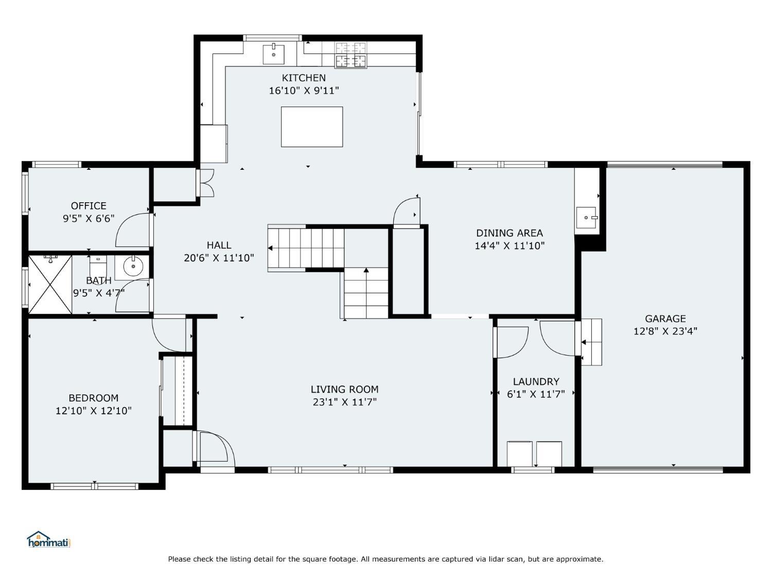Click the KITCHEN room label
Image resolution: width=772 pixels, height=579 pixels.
point(304,78)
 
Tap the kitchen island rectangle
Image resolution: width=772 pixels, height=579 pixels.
point(311,127)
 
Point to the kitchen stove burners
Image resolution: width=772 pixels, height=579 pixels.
point(350,55)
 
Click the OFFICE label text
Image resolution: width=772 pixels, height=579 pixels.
point(89,206)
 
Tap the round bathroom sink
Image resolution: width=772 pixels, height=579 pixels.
point(133,267)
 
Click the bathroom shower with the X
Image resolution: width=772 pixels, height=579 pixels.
point(50,285)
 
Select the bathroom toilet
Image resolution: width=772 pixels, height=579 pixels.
point(98,266)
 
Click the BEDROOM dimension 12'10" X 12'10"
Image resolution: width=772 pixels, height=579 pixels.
point(94,411)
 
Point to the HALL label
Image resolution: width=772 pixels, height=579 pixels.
point(219,245)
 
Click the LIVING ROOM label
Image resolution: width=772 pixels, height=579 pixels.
point(345,389)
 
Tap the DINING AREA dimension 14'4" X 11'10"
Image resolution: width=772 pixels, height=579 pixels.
point(510,245)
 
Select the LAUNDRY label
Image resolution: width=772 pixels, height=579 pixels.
point(536,381)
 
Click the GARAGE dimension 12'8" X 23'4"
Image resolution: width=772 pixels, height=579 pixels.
point(665,331)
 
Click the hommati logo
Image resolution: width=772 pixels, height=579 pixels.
point(48,539)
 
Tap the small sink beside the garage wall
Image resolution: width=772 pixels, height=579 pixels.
point(586,218)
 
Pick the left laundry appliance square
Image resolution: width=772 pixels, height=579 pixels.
point(519,454)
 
